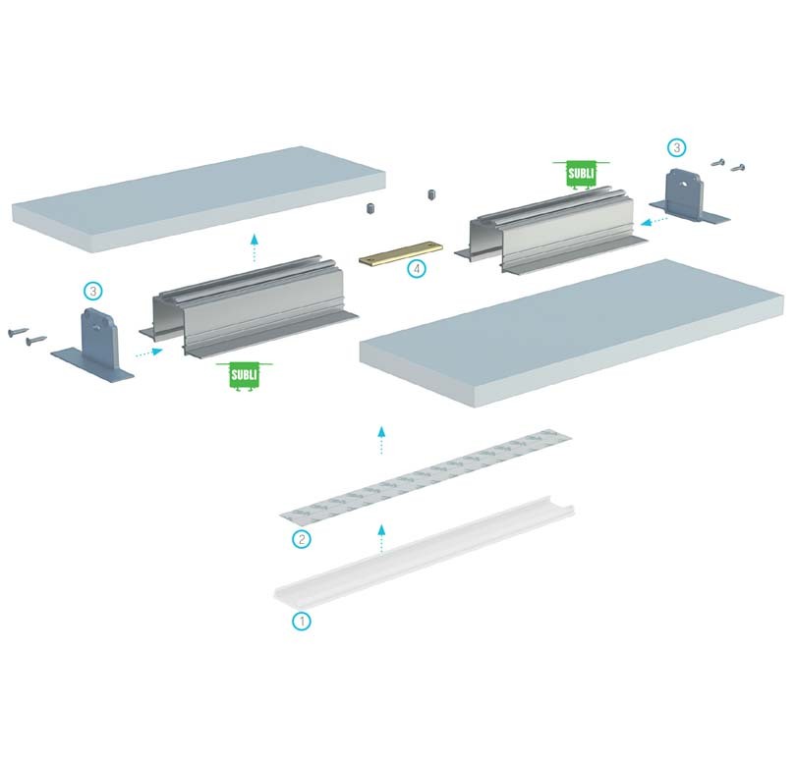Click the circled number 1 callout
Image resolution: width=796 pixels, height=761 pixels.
[302, 621]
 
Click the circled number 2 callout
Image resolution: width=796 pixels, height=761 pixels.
[302, 539]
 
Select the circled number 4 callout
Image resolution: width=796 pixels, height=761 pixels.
[417, 269]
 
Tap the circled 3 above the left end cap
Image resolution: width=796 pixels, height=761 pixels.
[93, 292]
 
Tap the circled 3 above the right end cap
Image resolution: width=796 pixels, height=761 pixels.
[676, 148]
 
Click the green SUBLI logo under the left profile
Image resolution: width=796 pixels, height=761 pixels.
[244, 376]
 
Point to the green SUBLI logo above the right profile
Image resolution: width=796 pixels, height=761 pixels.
[581, 174]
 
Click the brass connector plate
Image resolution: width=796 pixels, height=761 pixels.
[401, 252]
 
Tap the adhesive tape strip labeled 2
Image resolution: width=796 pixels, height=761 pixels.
[426, 476]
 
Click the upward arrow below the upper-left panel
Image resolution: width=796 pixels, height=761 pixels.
[255, 248]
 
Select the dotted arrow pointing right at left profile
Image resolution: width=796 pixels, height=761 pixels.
[149, 353]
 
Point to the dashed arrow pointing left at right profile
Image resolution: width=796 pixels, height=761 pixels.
[654, 221]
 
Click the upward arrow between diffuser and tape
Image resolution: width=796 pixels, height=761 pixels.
[381, 539]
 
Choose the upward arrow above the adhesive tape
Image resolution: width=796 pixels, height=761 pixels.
[381, 440]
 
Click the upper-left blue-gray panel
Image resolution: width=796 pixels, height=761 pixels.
[199, 199]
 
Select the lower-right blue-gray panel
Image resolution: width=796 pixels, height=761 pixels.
[572, 333]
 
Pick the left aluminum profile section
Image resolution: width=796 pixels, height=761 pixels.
[249, 306]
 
